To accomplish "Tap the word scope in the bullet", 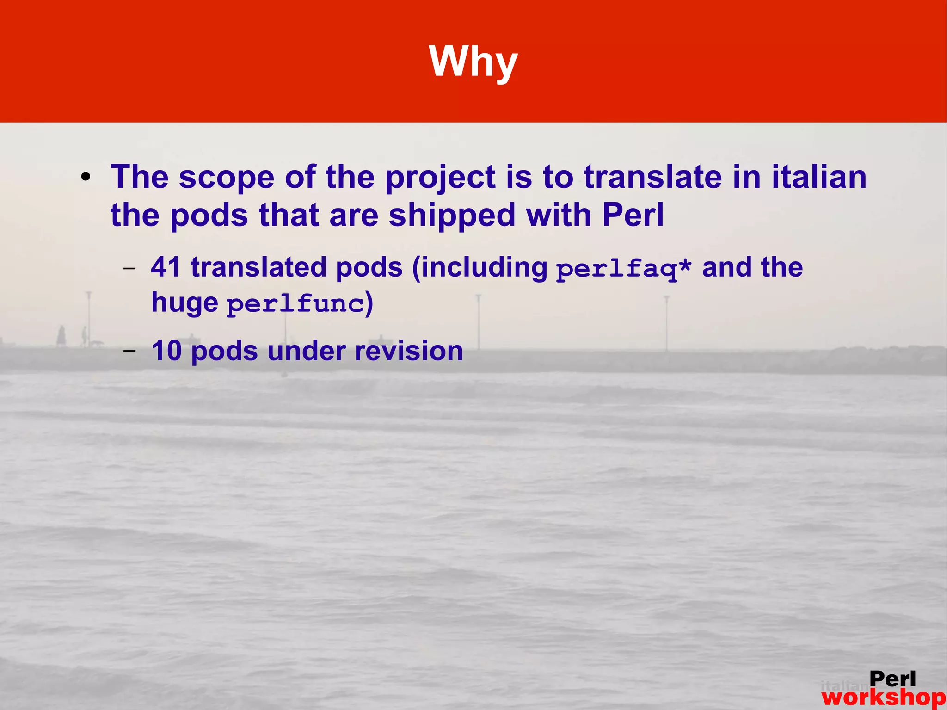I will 227,177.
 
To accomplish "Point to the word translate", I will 652,177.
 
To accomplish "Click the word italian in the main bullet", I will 819,177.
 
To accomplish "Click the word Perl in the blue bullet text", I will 633,215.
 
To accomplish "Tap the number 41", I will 166,267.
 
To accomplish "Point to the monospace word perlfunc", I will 295,304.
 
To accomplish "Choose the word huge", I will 184,303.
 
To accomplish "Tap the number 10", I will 166,351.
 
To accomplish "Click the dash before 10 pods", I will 130,351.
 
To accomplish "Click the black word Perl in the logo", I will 892,679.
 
